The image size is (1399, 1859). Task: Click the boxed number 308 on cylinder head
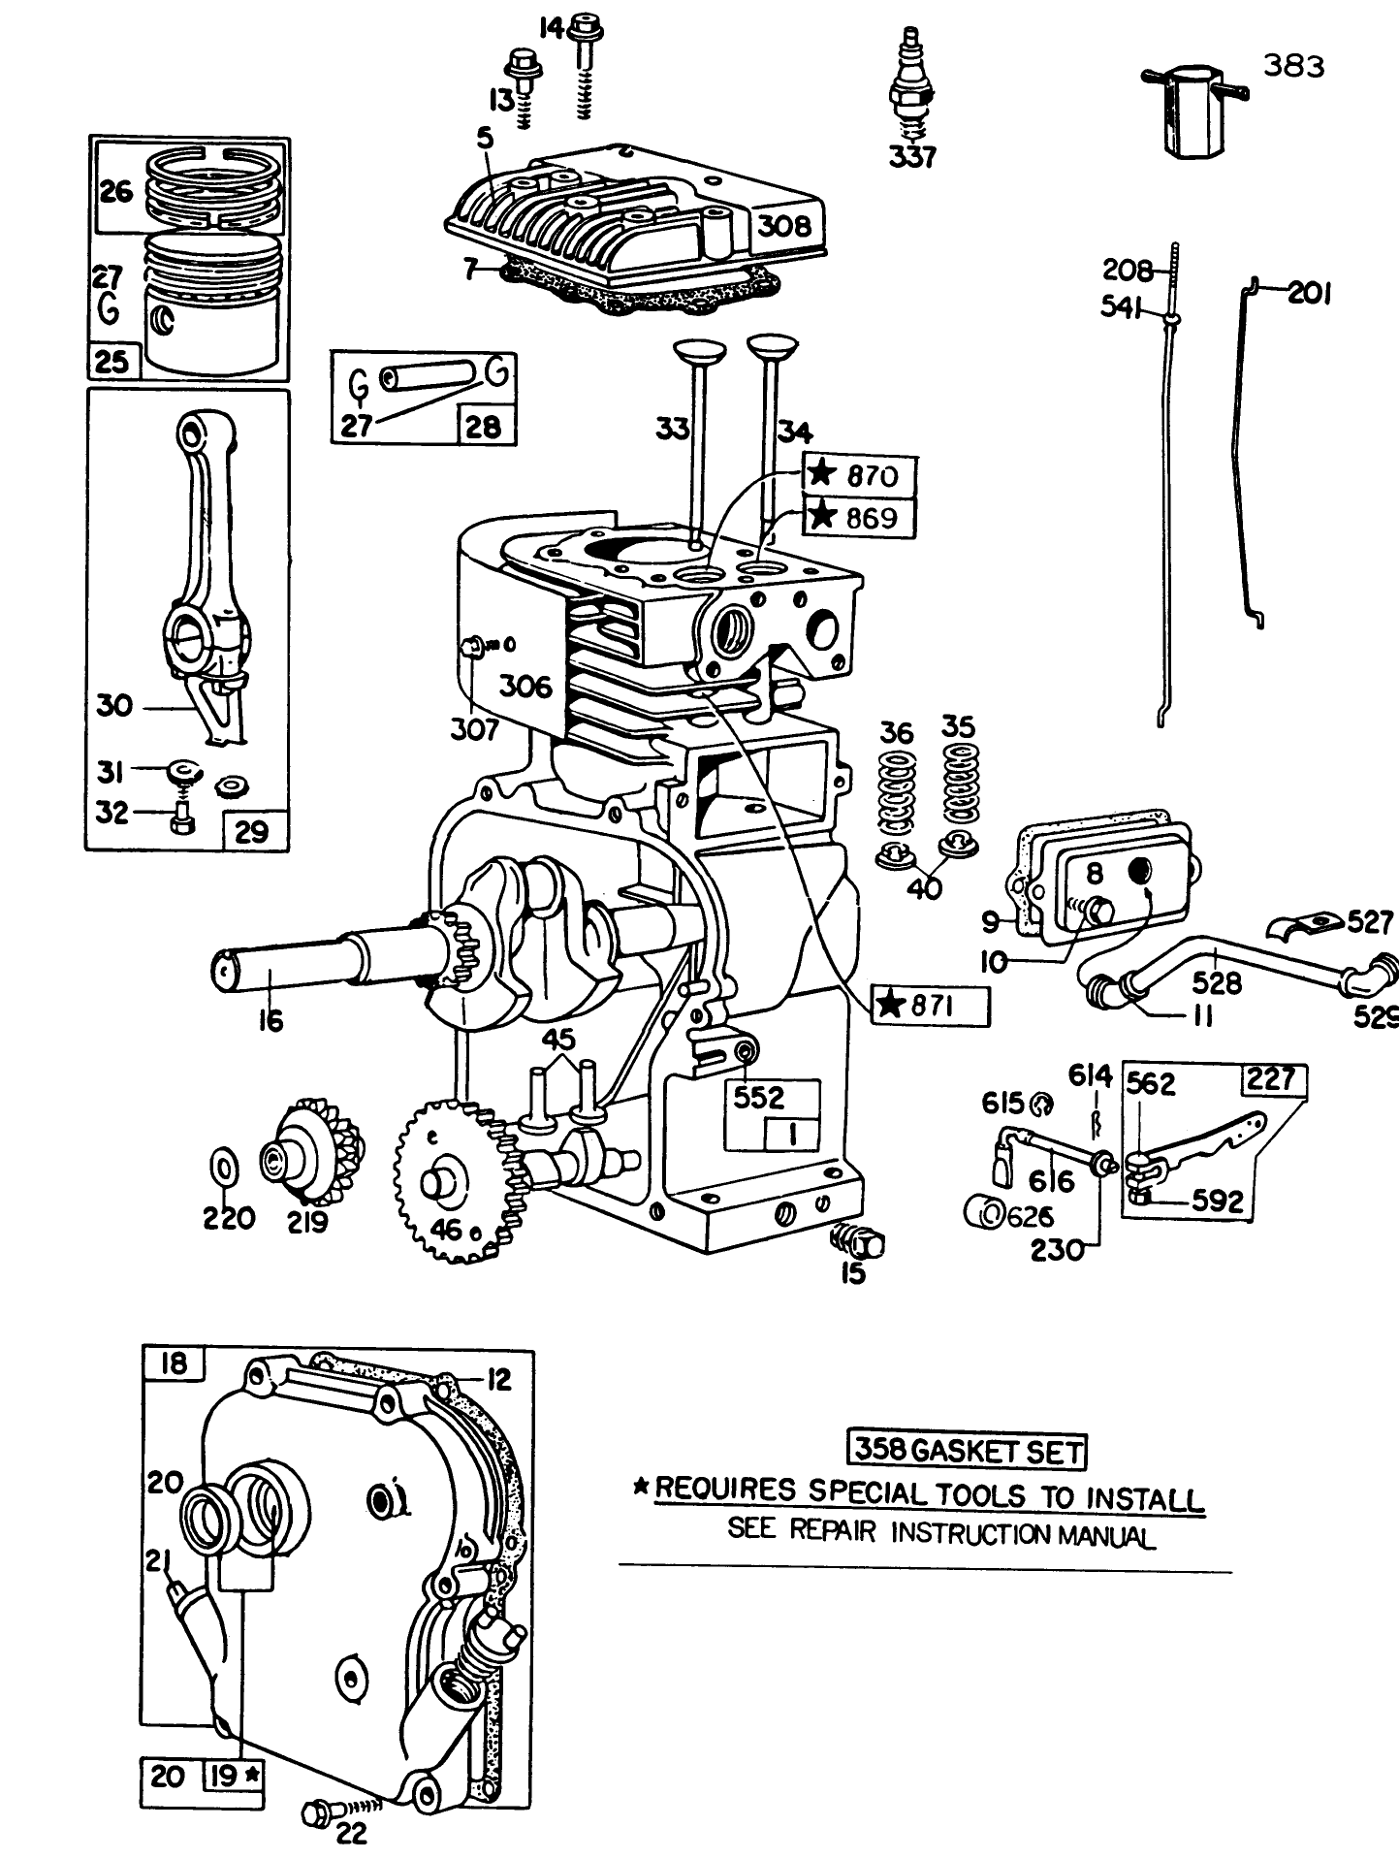pyautogui.click(x=783, y=226)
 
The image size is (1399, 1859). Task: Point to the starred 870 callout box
pyautogui.click(x=859, y=475)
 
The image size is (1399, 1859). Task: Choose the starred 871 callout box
pyautogui.click(x=931, y=1006)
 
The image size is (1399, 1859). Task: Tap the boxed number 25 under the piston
pyautogui.click(x=112, y=363)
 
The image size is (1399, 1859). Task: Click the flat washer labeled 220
pyautogui.click(x=223, y=1167)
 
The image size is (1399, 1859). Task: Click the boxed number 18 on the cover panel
pyautogui.click(x=175, y=1364)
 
